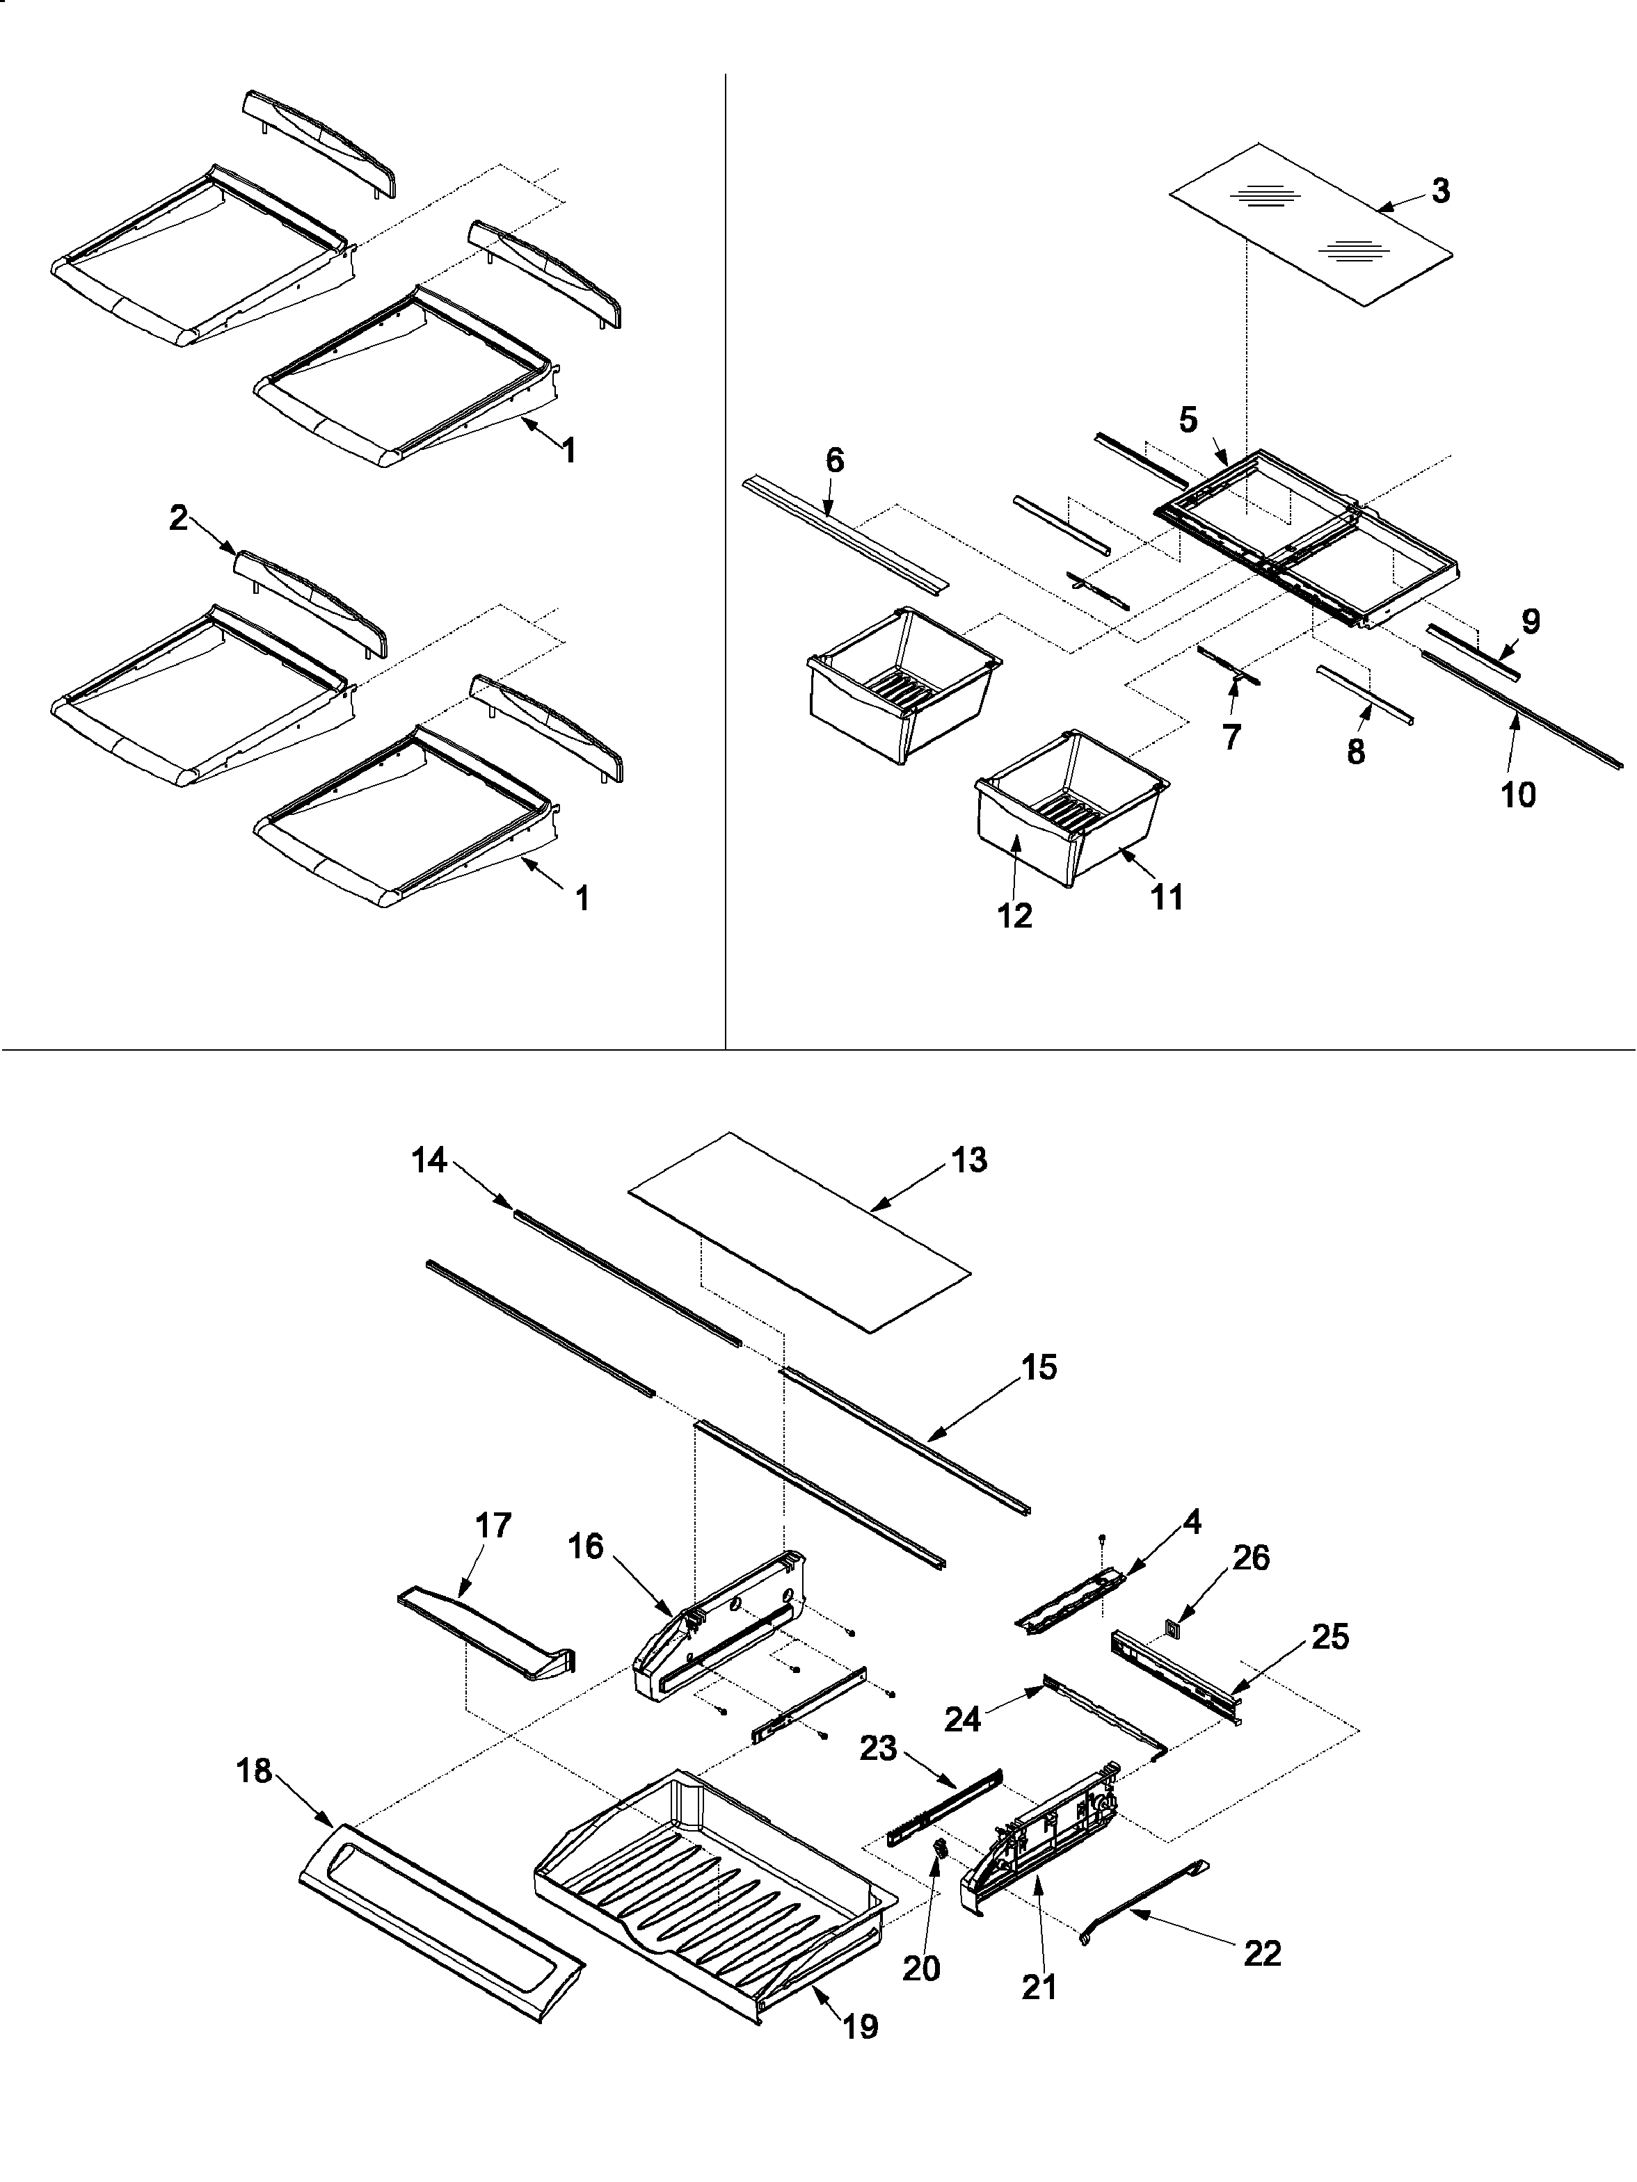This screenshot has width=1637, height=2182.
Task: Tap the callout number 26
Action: tap(1251, 1558)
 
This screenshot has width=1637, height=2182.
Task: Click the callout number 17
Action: tap(493, 1525)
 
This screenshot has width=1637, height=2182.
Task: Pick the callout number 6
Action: tap(835, 460)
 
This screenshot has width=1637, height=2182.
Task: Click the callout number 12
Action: tap(1014, 914)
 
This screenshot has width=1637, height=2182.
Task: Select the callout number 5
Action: tap(1188, 419)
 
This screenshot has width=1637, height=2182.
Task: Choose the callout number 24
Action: tap(962, 1720)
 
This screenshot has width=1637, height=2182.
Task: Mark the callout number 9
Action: tap(1528, 622)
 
